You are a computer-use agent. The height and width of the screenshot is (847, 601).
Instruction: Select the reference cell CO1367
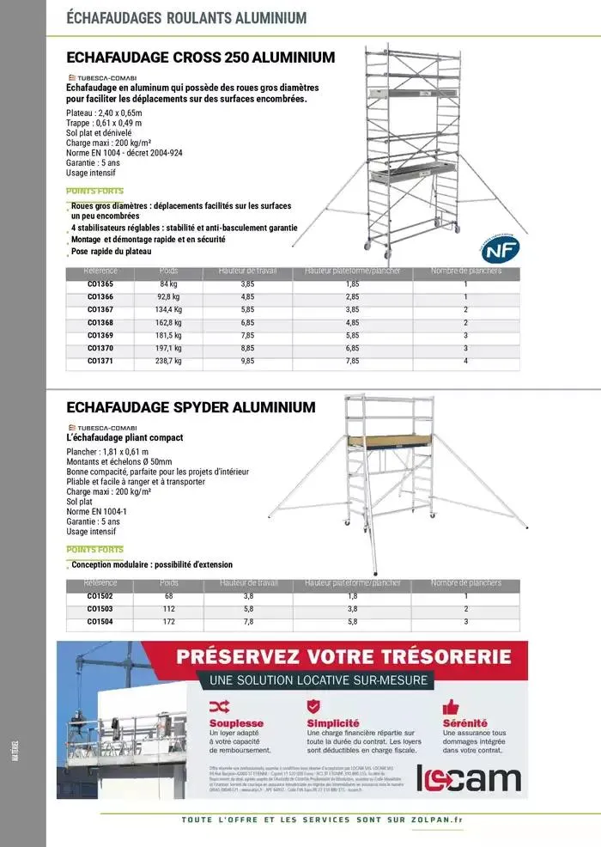click(x=100, y=309)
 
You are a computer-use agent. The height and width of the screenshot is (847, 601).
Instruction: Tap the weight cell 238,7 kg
click(x=168, y=362)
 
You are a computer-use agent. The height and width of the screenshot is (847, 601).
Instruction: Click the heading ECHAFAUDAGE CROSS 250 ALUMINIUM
click(x=200, y=58)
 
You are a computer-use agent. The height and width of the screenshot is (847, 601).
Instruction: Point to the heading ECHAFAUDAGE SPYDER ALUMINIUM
click(x=191, y=407)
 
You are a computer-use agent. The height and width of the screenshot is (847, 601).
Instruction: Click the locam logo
click(x=468, y=778)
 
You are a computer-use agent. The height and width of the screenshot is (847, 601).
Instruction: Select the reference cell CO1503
click(x=100, y=609)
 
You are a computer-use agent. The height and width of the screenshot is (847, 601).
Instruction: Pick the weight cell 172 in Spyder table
click(x=168, y=622)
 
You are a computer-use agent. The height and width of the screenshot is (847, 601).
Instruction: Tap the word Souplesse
click(x=236, y=723)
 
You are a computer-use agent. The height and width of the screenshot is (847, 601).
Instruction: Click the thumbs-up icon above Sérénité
click(x=451, y=707)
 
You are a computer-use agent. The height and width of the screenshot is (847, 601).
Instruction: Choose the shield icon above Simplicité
click(x=313, y=706)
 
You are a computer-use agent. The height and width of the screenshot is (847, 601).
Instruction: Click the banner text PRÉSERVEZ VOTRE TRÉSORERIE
click(x=343, y=658)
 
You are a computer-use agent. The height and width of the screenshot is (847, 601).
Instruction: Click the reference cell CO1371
click(x=100, y=362)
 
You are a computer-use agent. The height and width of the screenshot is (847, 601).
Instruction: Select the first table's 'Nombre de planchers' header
click(x=465, y=272)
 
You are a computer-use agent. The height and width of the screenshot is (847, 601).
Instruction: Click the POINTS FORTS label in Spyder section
click(x=94, y=550)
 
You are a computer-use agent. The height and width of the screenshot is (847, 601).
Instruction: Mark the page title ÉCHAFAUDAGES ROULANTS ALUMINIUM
click(x=185, y=17)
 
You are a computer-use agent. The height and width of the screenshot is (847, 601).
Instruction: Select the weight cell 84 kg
click(x=168, y=283)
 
